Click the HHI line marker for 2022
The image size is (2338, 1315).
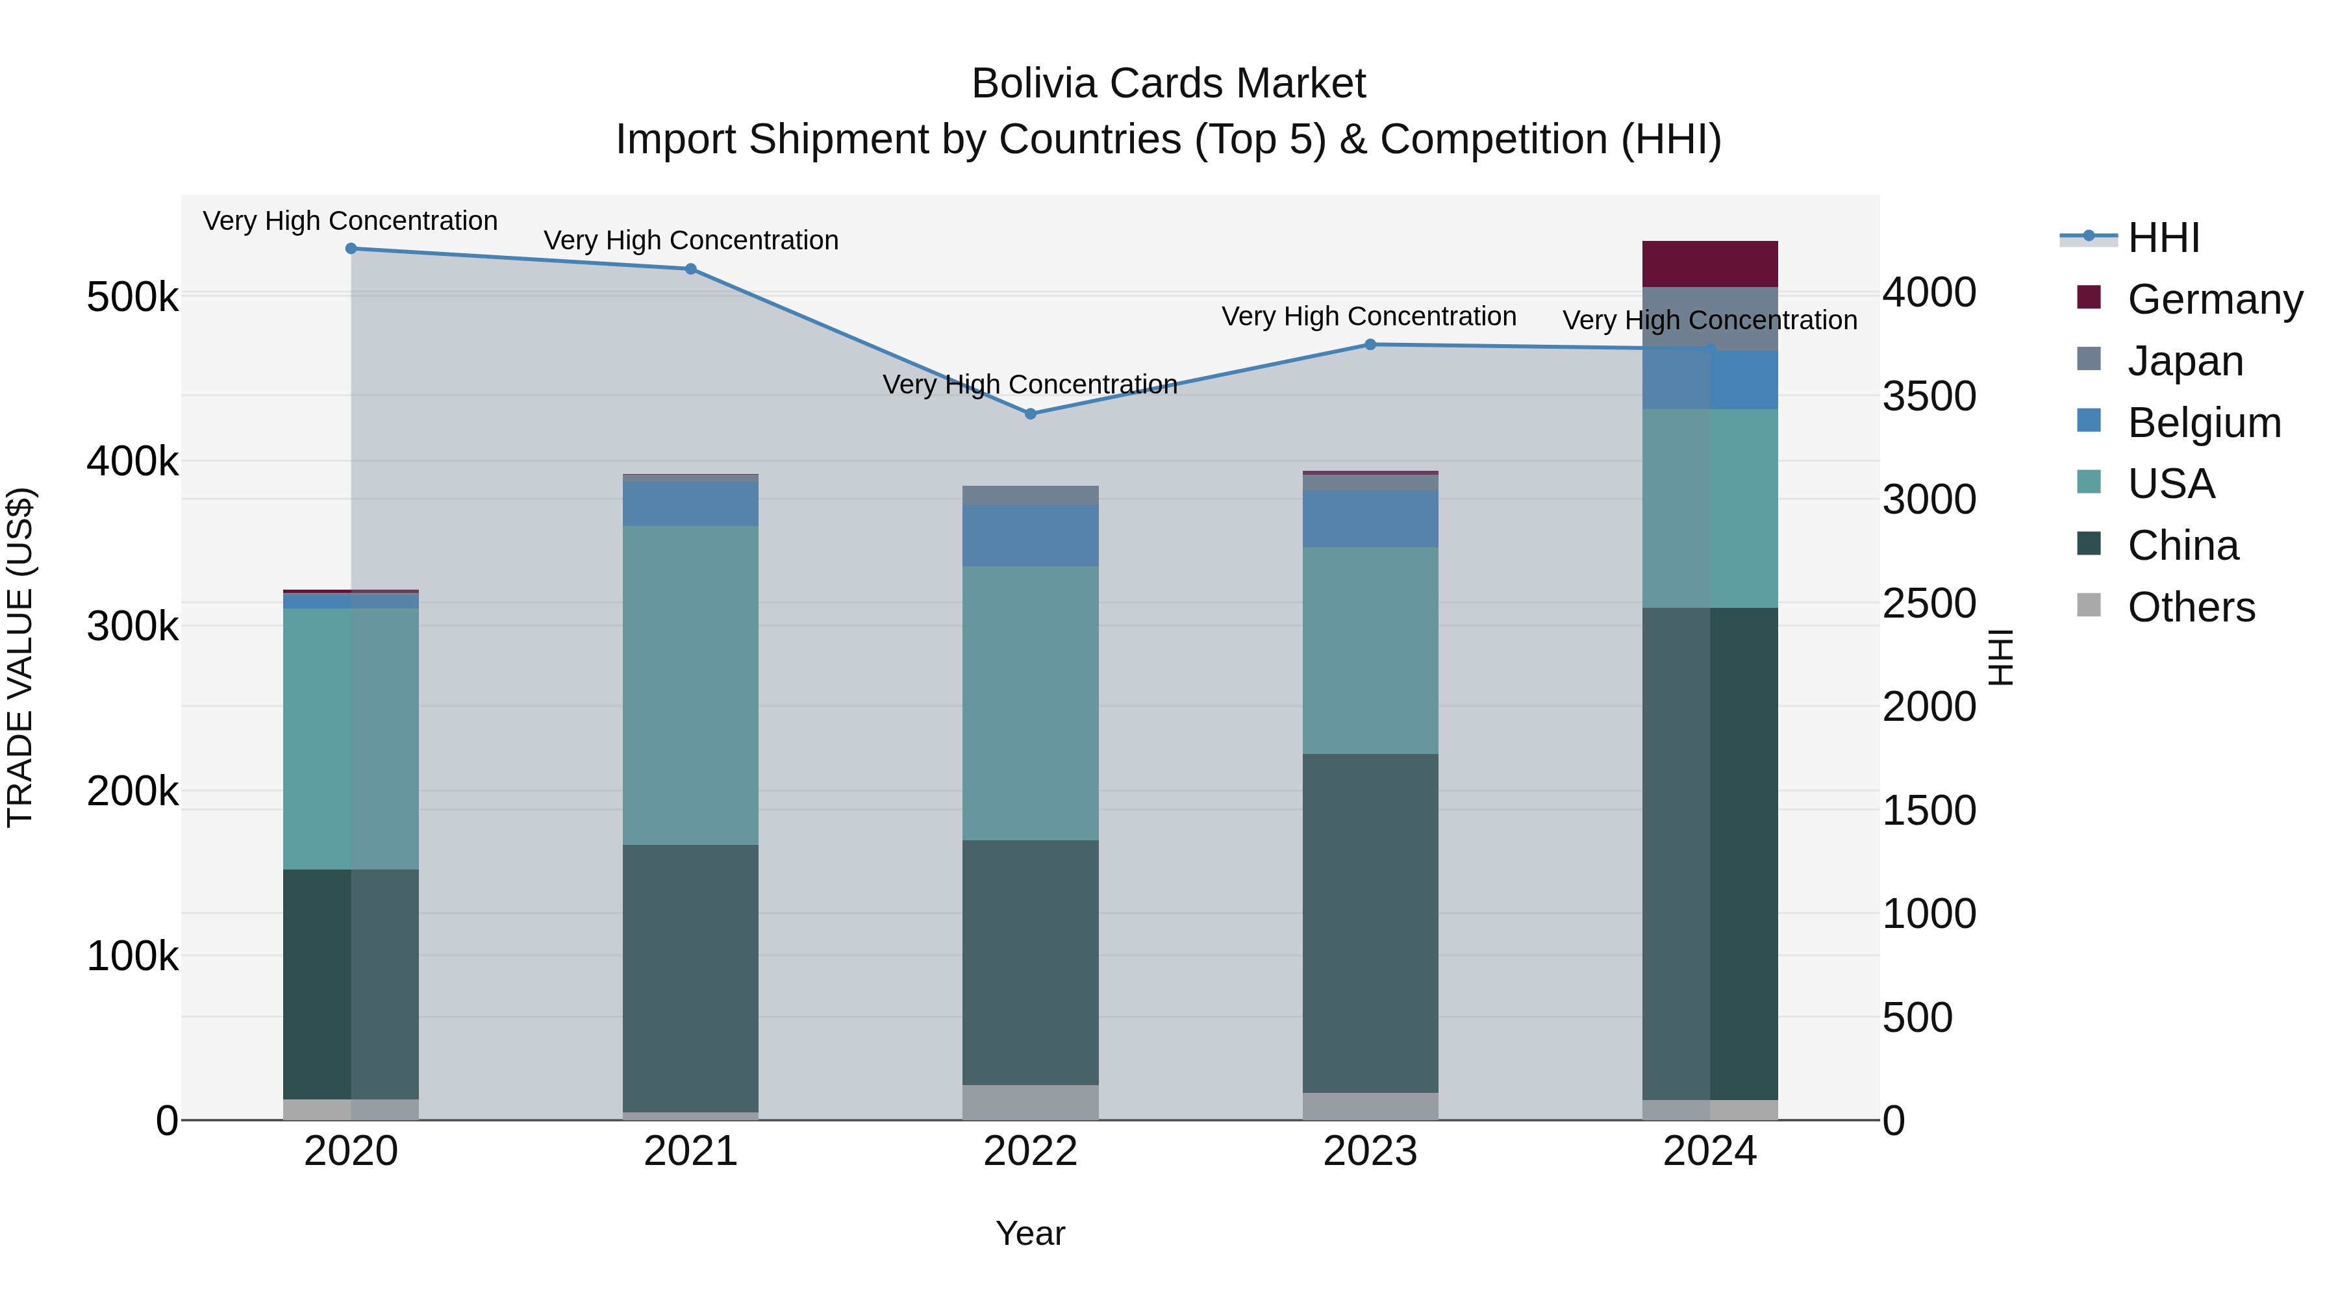coord(1030,414)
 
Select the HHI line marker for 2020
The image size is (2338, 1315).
coord(351,248)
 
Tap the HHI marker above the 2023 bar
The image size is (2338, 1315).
coord(1370,345)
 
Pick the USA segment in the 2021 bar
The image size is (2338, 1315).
coord(691,685)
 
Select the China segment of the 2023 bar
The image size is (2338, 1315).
coord(1370,923)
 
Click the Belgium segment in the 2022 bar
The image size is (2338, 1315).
coord(1030,536)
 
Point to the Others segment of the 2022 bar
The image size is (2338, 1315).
coord(1030,1102)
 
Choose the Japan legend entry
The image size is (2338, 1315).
coord(2185,361)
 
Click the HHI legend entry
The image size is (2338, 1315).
coord(2163,238)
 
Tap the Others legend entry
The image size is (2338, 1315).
coord(2190,607)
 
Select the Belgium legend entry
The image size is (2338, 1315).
coord(2203,423)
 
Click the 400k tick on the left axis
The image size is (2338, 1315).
coord(132,462)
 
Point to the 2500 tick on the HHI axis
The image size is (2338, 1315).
coord(1929,603)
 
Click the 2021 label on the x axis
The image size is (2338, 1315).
coord(691,1151)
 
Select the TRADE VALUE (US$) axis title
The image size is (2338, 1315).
coord(20,657)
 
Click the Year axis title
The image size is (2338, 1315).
coord(1030,1233)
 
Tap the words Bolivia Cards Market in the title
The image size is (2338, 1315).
coord(1168,84)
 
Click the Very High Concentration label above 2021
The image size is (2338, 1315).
coord(691,240)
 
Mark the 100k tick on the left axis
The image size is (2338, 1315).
coord(132,956)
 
